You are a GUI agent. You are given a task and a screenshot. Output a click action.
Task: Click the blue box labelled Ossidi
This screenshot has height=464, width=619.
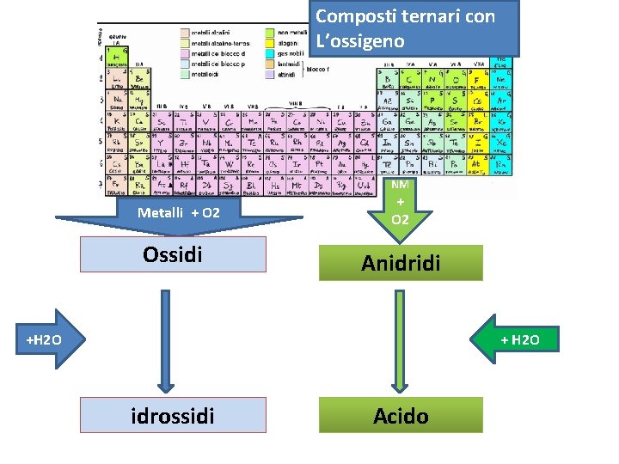click(173, 254)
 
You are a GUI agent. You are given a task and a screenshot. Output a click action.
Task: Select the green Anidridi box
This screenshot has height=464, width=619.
click(401, 262)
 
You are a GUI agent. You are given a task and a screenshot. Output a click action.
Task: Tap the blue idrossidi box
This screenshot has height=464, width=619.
click(173, 415)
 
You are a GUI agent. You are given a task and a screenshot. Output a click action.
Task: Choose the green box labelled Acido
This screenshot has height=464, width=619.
click(401, 416)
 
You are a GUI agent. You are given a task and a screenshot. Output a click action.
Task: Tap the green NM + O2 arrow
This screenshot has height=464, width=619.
click(400, 206)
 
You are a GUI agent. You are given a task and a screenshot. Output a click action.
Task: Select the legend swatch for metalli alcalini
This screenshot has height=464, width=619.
click(185, 32)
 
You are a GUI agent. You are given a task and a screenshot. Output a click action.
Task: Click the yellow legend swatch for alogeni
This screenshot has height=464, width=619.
click(270, 42)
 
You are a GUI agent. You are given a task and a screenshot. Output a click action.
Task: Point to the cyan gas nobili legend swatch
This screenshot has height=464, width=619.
click(270, 52)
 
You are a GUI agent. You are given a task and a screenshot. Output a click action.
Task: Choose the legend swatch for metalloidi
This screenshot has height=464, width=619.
click(185, 73)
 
